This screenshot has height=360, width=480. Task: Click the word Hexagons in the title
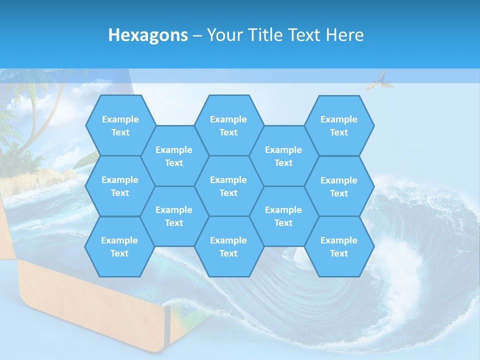click(x=148, y=35)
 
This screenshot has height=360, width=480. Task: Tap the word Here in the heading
click(x=344, y=35)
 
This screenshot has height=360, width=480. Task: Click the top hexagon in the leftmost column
click(x=120, y=125)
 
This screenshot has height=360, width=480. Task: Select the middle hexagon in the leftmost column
click(x=120, y=186)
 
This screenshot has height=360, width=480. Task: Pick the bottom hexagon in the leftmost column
click(x=119, y=246)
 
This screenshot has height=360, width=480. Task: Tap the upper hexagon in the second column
click(x=174, y=156)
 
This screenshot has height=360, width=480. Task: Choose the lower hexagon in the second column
click(x=174, y=216)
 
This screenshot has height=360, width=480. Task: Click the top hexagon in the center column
click(x=228, y=125)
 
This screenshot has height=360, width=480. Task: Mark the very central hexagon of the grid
click(x=228, y=186)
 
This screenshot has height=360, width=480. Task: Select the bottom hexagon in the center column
click(x=228, y=246)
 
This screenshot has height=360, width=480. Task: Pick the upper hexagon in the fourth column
click(x=283, y=156)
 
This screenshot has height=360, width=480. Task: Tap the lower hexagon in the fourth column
click(x=283, y=216)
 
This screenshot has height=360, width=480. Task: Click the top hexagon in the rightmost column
click(x=339, y=125)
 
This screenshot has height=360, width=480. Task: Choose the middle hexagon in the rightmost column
click(x=339, y=186)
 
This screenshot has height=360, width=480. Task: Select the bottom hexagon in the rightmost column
click(x=339, y=246)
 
